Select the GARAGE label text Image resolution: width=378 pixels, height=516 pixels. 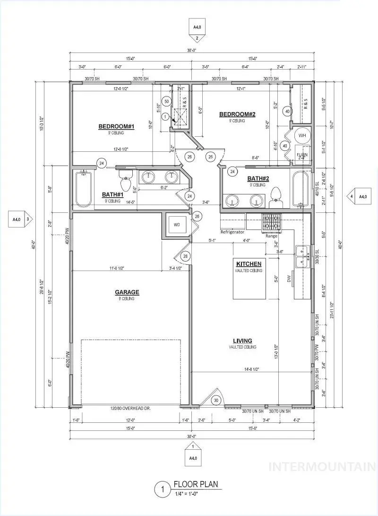click(126, 292)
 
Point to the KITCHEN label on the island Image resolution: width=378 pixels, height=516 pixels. click(249, 264)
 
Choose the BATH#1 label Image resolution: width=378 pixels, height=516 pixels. click(112, 194)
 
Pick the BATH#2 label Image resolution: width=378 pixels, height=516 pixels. click(258, 179)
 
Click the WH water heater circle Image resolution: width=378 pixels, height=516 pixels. click(302, 136)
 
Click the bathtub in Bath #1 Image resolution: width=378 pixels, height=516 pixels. click(84, 189)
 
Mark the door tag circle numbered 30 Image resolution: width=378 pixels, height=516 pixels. click(216, 400)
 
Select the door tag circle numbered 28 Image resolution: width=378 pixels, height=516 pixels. click(185, 256)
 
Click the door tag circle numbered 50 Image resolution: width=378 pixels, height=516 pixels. click(166, 101)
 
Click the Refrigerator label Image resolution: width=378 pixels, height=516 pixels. click(232, 232)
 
